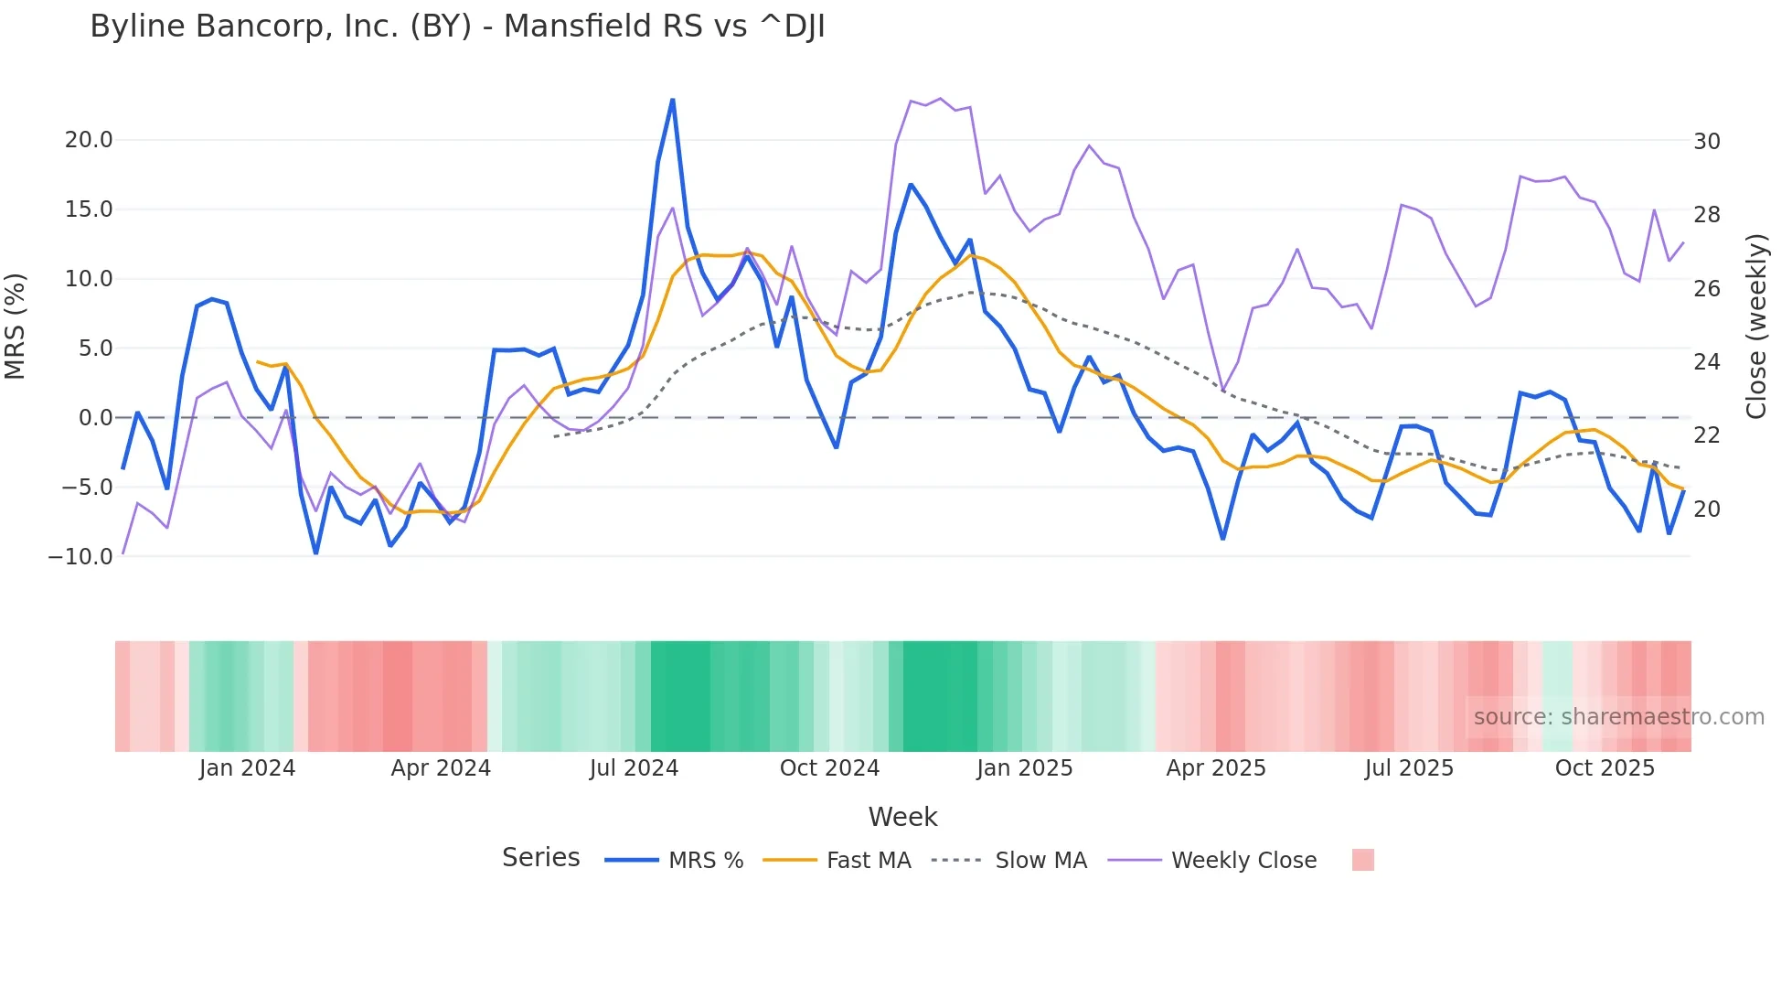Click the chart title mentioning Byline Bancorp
pyautogui.click(x=457, y=27)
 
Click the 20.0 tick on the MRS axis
pyautogui.click(x=89, y=140)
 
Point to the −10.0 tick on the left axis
pyautogui.click(x=81, y=556)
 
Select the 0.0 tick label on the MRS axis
pyautogui.click(x=95, y=418)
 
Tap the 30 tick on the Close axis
pyautogui.click(x=1707, y=142)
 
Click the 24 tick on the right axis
pyautogui.click(x=1707, y=362)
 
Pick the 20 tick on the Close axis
pyautogui.click(x=1707, y=509)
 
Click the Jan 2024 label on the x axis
pyautogui.click(x=247, y=768)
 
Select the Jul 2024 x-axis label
pyautogui.click(x=634, y=768)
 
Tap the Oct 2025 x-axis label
pyautogui.click(x=1605, y=768)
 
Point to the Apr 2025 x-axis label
pyautogui.click(x=1216, y=768)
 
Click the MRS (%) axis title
pyautogui.click(x=16, y=326)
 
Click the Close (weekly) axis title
pyautogui.click(x=1756, y=326)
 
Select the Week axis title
pyautogui.click(x=902, y=817)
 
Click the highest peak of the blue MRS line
pyautogui.click(x=673, y=100)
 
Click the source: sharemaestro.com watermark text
pyautogui.click(x=1618, y=717)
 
